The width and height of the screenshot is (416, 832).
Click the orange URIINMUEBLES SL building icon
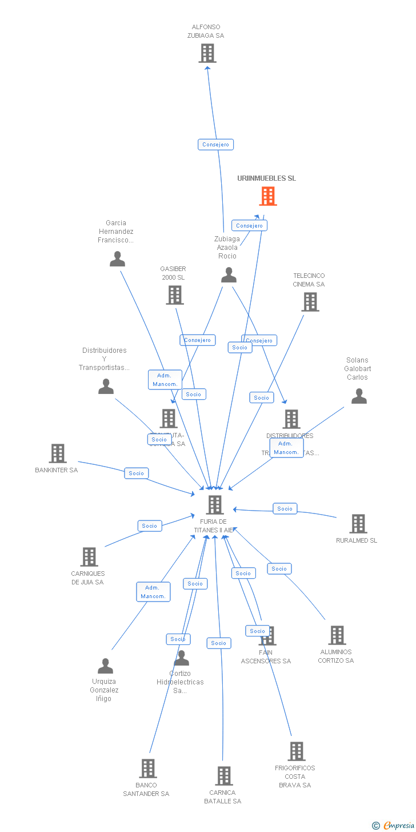click(x=268, y=196)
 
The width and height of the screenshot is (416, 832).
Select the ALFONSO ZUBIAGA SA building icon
click(x=207, y=53)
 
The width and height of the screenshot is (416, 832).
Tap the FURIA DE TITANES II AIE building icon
click(x=215, y=505)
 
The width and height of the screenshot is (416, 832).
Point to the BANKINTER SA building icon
click(x=57, y=453)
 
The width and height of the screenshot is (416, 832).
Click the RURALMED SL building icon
click(x=358, y=524)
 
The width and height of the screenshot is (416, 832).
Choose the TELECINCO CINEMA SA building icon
click(x=310, y=302)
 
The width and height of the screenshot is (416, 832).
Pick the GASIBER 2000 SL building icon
click(x=174, y=295)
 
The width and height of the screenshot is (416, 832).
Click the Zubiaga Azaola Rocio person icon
click(x=229, y=275)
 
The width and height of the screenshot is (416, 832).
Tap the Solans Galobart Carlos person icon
click(x=359, y=396)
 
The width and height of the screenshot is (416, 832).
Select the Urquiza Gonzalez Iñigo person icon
click(x=105, y=666)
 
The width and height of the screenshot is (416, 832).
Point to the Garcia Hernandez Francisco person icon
click(x=117, y=259)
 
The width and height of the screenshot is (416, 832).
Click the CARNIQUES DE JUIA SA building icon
click(x=89, y=557)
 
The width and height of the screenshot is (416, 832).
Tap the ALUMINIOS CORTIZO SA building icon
click(x=337, y=635)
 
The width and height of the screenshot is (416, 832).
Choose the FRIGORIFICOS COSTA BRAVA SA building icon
click(x=296, y=751)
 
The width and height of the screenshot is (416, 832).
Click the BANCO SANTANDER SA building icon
click(x=148, y=769)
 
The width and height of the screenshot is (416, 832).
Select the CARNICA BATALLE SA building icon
click(x=223, y=776)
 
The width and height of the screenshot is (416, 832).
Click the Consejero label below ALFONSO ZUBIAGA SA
click(x=215, y=145)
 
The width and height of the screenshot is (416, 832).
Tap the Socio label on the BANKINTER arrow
click(x=136, y=473)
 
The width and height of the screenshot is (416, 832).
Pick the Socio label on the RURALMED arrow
click(x=285, y=508)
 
